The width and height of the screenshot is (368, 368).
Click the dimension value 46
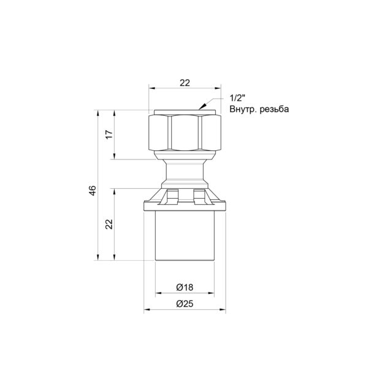(x=93, y=190)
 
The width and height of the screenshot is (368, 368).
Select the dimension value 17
(x=109, y=134)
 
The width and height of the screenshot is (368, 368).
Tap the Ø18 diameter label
(x=185, y=287)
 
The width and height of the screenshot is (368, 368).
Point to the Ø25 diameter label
(x=185, y=304)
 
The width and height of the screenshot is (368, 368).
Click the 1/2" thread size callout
(x=237, y=98)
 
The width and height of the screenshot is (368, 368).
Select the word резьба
(x=274, y=109)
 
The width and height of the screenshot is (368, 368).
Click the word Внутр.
(x=243, y=109)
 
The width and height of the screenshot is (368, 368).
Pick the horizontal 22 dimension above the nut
(x=185, y=83)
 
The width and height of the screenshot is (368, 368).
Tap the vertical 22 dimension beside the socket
(x=109, y=224)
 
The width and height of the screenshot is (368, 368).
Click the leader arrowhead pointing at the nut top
(x=202, y=106)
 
